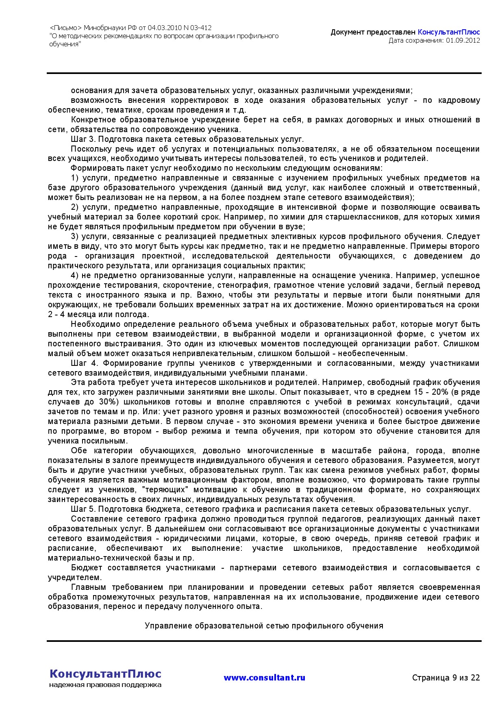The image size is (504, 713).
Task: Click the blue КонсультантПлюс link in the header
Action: (449, 32)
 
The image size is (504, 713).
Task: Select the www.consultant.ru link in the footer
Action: (264, 678)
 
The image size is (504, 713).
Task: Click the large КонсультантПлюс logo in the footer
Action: (105, 674)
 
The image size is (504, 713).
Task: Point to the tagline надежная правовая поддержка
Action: (105, 685)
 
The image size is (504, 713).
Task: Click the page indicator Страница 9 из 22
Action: (446, 678)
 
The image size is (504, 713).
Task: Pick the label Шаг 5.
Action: (83, 509)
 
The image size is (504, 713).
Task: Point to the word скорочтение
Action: (193, 285)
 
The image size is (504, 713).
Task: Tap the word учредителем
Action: (74, 577)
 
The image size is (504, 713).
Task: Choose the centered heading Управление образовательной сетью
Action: (264, 626)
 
